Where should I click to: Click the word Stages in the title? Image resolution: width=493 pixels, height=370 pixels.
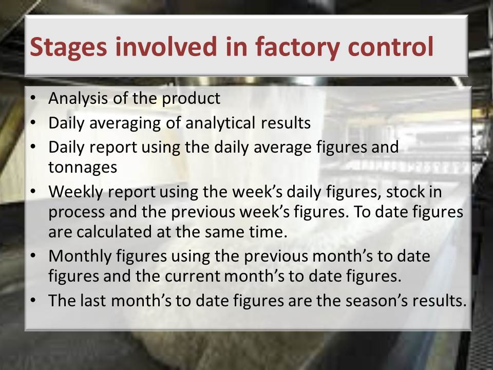pyautogui.click(x=68, y=47)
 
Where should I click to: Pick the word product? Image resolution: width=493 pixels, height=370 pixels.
pyautogui.click(x=191, y=99)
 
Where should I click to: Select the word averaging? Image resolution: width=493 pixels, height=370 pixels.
pyautogui.click(x=125, y=123)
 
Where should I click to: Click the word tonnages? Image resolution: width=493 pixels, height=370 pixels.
pyautogui.click(x=83, y=168)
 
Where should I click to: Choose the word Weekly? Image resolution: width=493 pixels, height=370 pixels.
pyautogui.click(x=76, y=192)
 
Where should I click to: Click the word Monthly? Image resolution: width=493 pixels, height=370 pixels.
pyautogui.click(x=80, y=256)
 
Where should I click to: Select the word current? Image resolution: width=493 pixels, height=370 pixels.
pyautogui.click(x=193, y=276)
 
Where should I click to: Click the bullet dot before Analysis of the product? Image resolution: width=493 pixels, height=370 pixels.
pyautogui.click(x=33, y=99)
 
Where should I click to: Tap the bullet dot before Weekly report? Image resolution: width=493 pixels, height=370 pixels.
pyautogui.click(x=33, y=192)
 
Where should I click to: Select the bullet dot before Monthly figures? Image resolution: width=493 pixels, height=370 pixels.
pyautogui.click(x=33, y=256)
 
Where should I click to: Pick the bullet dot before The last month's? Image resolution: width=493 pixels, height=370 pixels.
pyautogui.click(x=33, y=301)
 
